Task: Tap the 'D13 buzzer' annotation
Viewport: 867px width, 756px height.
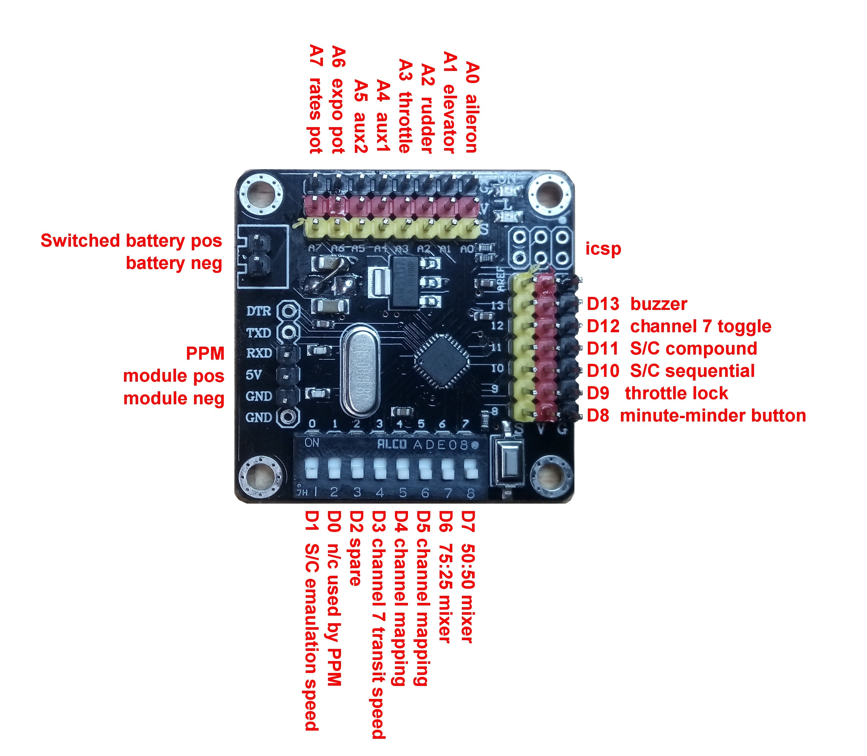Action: [637, 304]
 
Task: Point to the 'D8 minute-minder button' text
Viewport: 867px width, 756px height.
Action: [696, 416]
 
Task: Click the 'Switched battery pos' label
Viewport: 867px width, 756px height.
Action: [131, 241]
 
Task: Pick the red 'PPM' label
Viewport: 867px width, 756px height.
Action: [205, 353]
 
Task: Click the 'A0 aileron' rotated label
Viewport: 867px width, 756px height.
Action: [472, 108]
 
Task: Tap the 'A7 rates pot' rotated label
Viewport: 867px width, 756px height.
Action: [316, 99]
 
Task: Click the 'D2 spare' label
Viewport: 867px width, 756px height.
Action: [356, 548]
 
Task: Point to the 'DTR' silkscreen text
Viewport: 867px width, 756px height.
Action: [258, 311]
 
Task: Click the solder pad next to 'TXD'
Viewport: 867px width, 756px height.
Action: [289, 333]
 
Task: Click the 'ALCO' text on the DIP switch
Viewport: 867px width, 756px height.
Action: [392, 444]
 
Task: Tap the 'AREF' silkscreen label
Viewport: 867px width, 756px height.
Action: [501, 279]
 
